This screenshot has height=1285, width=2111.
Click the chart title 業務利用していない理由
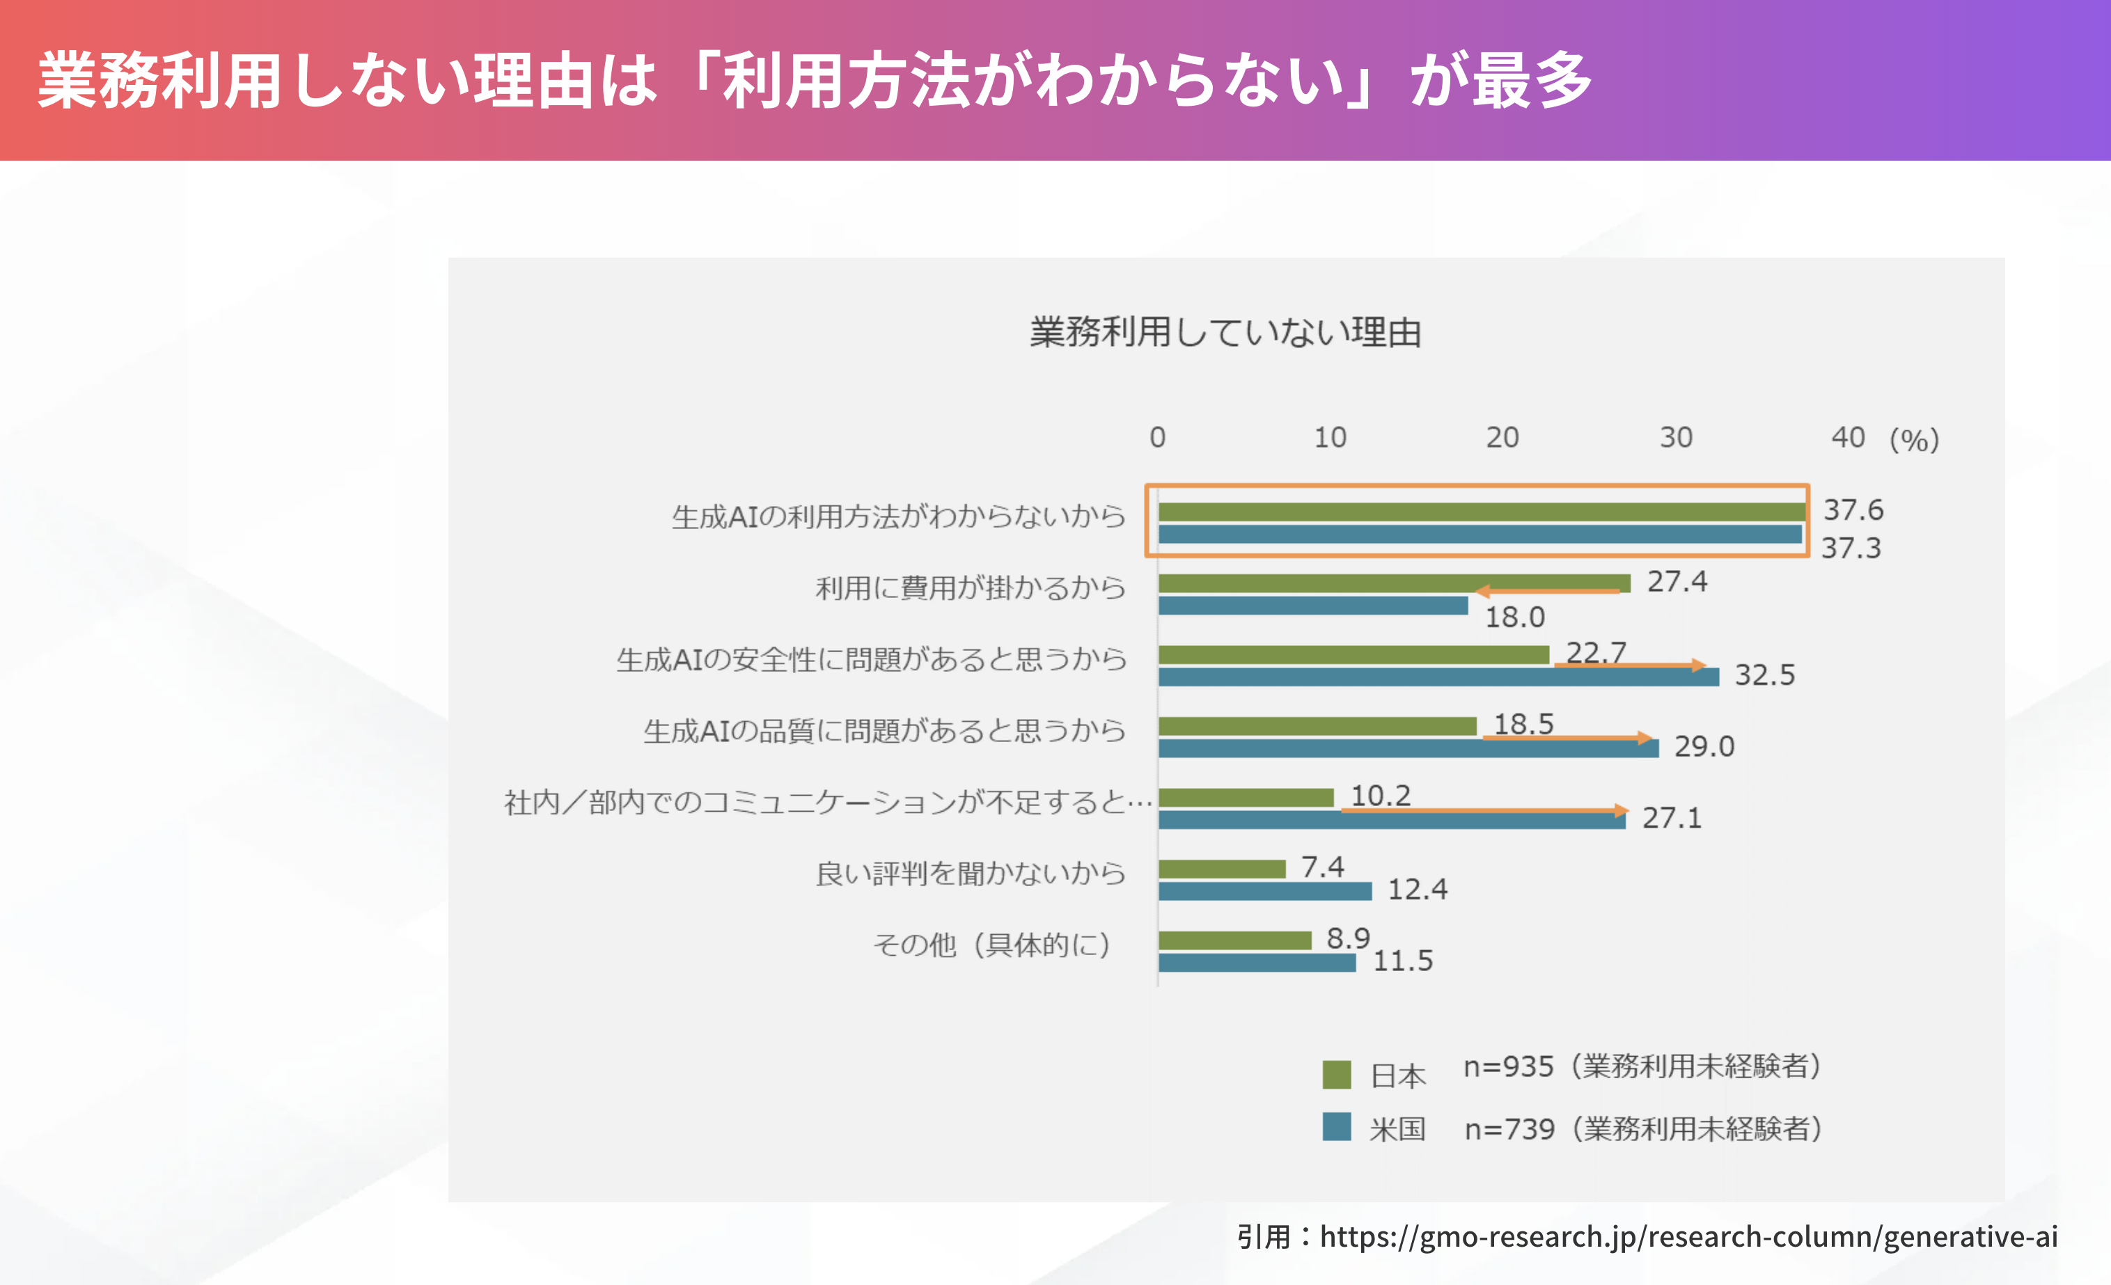(x=1226, y=332)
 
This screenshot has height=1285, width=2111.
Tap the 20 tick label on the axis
(x=1502, y=438)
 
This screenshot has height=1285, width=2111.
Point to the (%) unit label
(x=1914, y=439)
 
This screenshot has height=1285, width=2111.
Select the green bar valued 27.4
(x=1394, y=583)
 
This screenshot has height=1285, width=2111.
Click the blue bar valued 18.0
(x=1312, y=606)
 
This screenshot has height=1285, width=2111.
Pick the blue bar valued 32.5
(x=1438, y=677)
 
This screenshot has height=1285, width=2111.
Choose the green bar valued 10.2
(x=1246, y=798)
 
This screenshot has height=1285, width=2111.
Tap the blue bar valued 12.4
(x=1264, y=892)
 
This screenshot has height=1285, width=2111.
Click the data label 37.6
(x=1853, y=510)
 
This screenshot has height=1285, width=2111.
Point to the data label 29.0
(x=1704, y=746)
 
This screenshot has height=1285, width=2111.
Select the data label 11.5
(x=1402, y=961)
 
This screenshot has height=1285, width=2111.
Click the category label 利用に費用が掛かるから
(x=970, y=588)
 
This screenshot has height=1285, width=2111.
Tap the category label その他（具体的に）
(x=991, y=945)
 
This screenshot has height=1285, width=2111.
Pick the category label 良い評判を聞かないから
(x=970, y=874)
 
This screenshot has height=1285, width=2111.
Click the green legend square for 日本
(x=1337, y=1074)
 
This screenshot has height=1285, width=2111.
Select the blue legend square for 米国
(x=1337, y=1126)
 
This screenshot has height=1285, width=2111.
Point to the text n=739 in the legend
(x=1509, y=1129)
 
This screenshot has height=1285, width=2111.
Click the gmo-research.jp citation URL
(x=1688, y=1236)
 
